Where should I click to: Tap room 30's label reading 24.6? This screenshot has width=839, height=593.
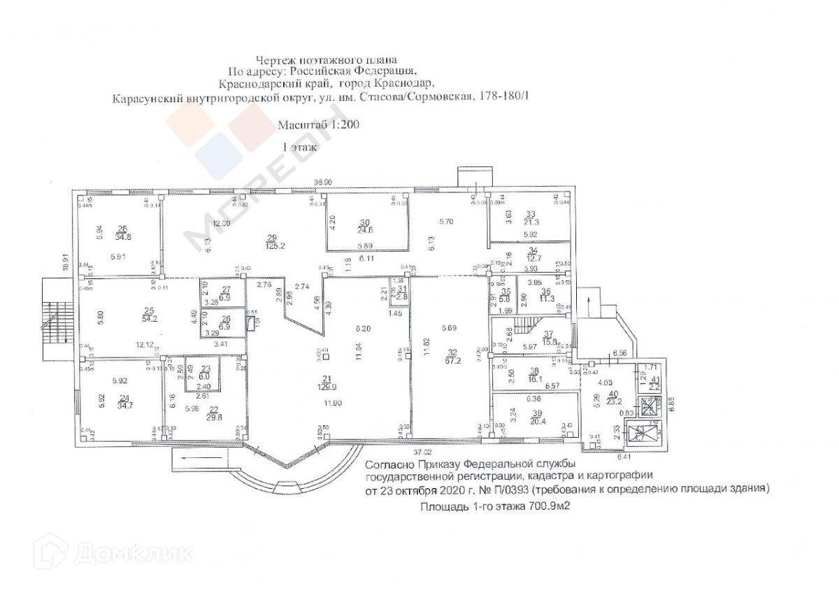[364, 224]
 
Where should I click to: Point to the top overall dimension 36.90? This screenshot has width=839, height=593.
[322, 182]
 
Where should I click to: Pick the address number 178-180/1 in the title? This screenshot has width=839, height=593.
[503, 99]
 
